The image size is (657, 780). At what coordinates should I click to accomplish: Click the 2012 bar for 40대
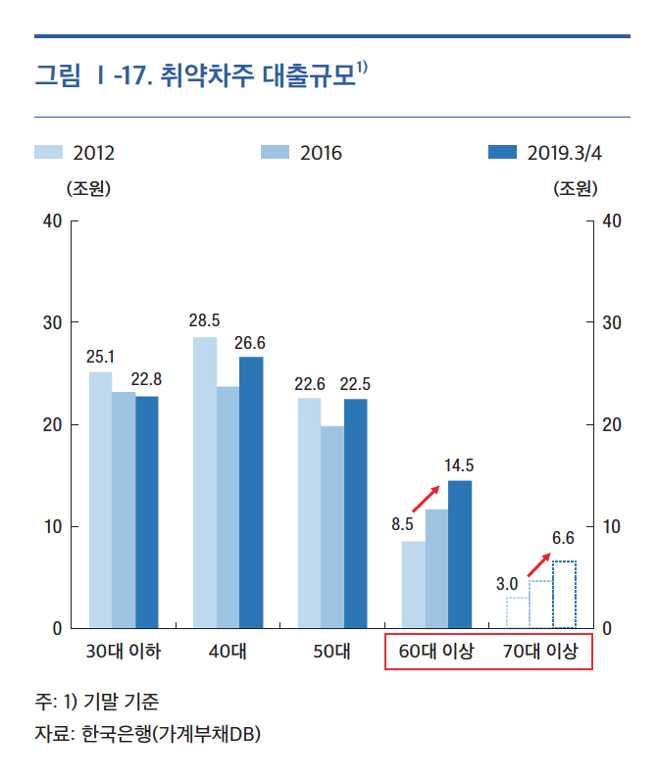[x=204, y=482]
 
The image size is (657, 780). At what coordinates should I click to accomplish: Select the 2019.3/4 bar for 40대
[x=251, y=492]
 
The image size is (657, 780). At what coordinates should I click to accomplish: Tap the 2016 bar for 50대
[x=331, y=526]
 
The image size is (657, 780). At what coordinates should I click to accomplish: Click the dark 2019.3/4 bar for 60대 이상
[x=460, y=554]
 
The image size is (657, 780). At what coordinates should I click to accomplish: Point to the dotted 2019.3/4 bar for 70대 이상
[x=564, y=595]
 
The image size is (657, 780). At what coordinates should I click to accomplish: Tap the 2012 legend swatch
[x=48, y=152]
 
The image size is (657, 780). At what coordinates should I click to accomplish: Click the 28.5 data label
[x=204, y=320]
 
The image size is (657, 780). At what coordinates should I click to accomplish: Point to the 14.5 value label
[x=460, y=464]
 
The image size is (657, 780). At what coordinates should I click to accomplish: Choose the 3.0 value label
[x=507, y=584]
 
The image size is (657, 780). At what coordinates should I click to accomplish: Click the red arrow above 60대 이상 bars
[x=427, y=498]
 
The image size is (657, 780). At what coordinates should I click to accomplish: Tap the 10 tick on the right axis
[x=612, y=527]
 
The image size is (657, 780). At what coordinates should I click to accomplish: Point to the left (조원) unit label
[x=87, y=188]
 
